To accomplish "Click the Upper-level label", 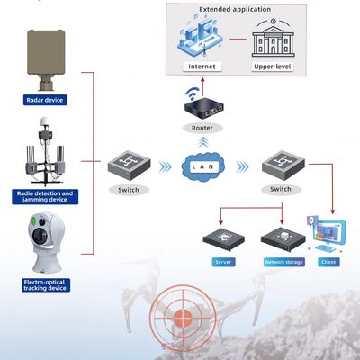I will tap(275, 67).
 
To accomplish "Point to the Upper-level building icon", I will tap(276, 40).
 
